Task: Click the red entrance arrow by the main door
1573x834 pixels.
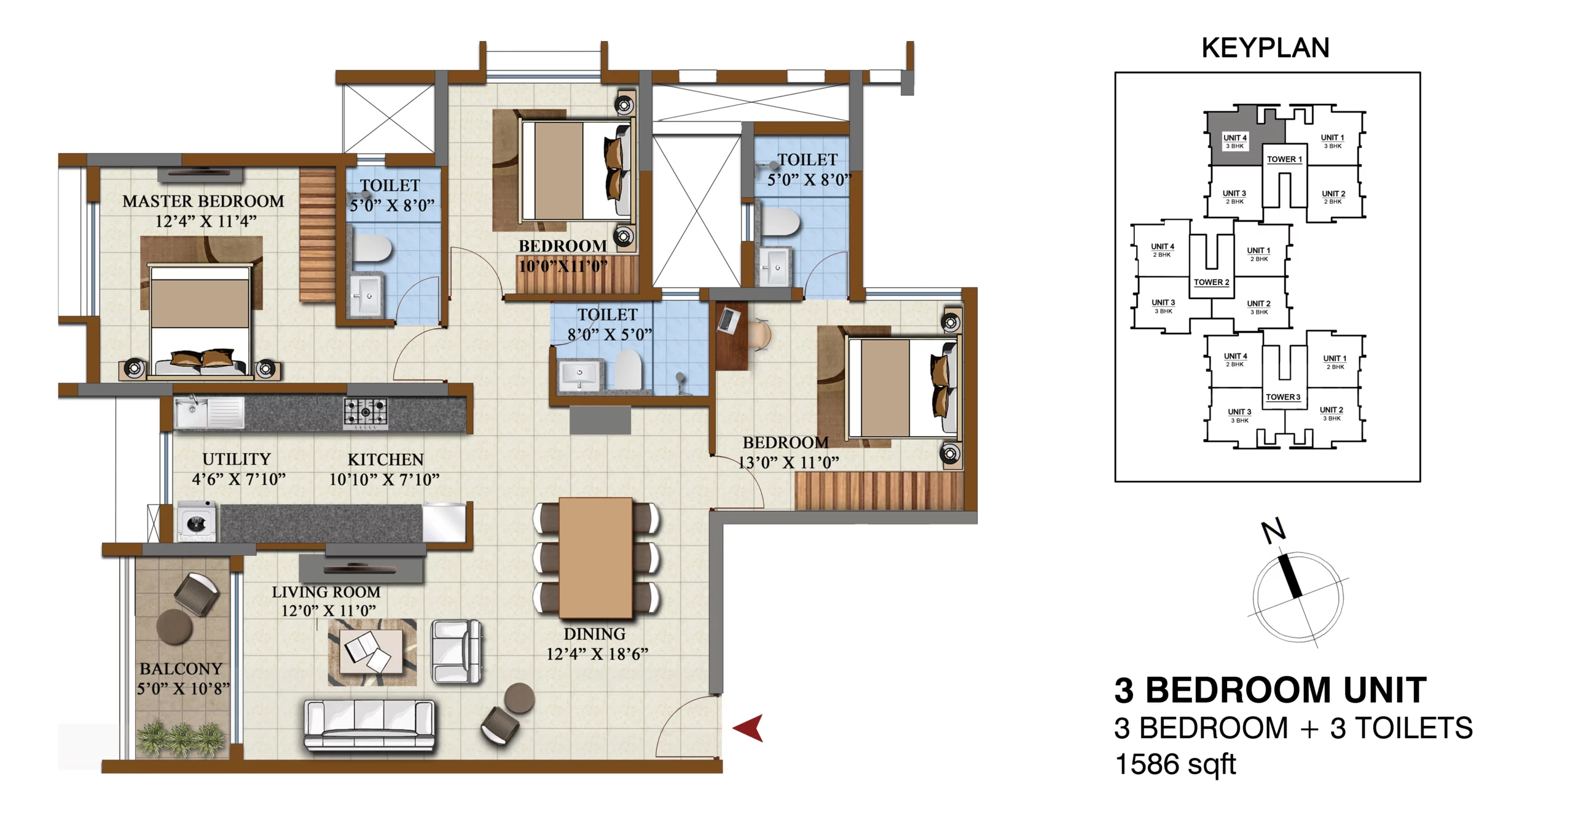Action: point(748,728)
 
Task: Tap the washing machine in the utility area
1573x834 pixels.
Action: point(197,521)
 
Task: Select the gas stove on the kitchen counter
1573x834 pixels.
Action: point(366,413)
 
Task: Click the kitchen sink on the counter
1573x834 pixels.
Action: point(210,412)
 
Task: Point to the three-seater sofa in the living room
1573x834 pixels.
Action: point(370,725)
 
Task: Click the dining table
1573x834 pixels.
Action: point(595,558)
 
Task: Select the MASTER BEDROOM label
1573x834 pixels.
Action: point(203,201)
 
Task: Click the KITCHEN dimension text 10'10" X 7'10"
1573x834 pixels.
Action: point(385,479)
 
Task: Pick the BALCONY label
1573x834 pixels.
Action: point(181,668)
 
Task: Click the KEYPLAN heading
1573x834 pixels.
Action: point(1266,48)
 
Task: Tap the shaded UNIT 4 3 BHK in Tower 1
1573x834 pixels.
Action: point(1235,141)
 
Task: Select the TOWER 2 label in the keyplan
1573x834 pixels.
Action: point(1212,283)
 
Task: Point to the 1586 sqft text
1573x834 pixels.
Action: point(1175,765)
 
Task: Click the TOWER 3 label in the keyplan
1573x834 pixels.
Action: point(1283,397)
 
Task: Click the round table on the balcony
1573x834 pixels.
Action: point(175,626)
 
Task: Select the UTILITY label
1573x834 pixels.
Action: point(237,459)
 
